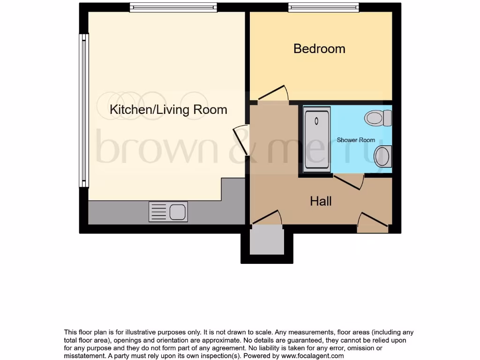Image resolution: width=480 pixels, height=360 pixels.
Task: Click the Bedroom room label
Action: click(319, 49)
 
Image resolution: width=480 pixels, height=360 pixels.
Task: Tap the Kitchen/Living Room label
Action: click(168, 110)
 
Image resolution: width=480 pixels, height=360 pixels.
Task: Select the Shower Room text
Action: click(356, 140)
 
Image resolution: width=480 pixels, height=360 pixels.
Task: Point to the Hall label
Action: click(321, 202)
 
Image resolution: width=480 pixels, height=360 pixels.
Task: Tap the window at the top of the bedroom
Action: click(323, 7)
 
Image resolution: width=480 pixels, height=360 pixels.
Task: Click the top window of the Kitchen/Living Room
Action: click(173, 7)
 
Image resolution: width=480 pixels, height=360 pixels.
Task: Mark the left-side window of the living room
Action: click(84, 111)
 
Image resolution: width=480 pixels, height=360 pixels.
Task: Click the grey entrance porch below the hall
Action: click(267, 242)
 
